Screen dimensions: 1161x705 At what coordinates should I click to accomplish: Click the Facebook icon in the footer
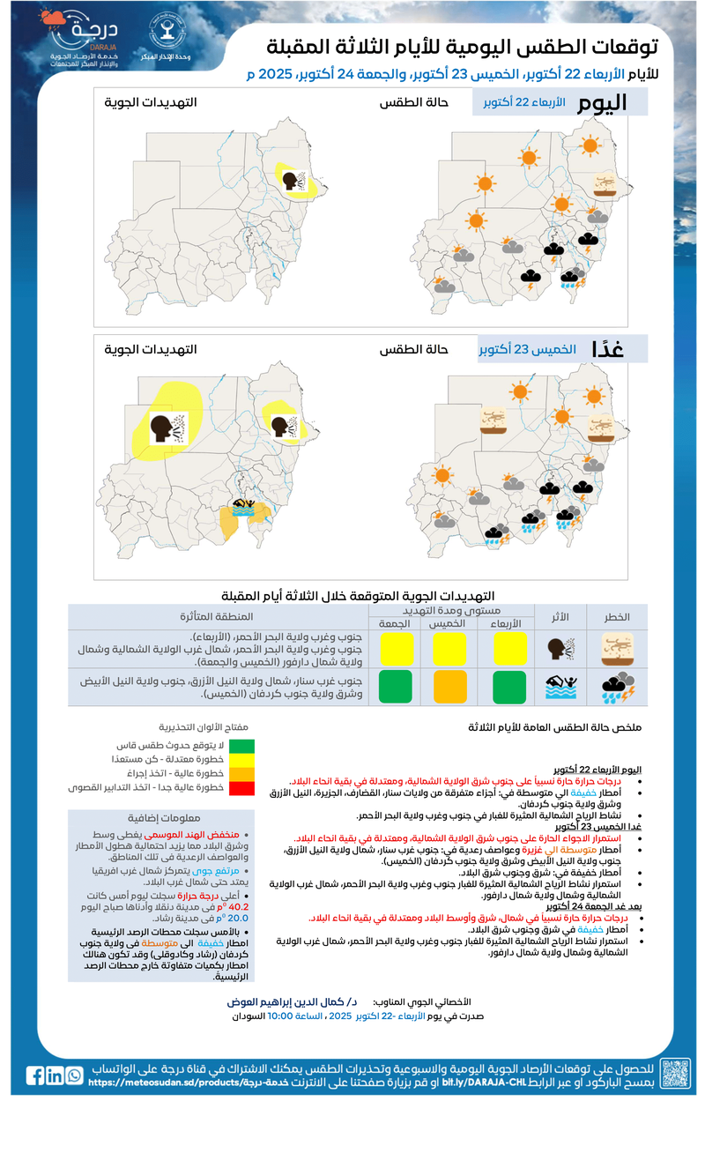35,1075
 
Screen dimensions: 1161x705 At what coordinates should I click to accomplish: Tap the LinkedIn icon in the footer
55,1075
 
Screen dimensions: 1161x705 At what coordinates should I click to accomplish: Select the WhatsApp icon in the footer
74,1075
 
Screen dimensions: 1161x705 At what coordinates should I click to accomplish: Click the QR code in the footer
676,1074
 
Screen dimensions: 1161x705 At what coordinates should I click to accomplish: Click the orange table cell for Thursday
449,686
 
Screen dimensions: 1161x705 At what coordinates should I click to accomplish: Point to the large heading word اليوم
603,103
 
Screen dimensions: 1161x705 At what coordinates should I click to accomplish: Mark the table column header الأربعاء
505,623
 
